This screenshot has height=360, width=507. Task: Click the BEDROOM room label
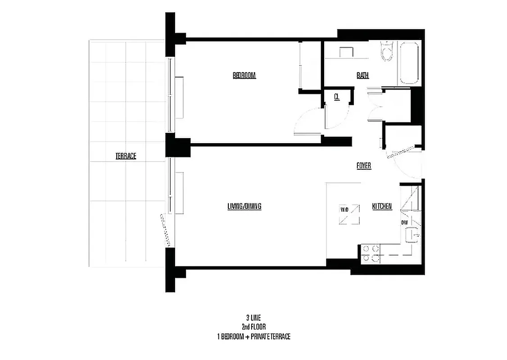point(244,76)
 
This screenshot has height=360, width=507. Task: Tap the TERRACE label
point(126,156)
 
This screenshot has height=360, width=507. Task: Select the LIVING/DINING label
point(244,206)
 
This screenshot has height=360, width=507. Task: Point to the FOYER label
point(363,166)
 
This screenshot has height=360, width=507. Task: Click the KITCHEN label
point(381,207)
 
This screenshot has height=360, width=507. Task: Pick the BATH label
point(362,76)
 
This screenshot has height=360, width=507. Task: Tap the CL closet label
point(336,96)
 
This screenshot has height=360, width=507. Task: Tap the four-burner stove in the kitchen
point(370,253)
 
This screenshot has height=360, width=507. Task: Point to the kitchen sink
point(412,234)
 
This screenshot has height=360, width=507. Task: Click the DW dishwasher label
point(404,222)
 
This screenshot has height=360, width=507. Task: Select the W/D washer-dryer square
point(350,214)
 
